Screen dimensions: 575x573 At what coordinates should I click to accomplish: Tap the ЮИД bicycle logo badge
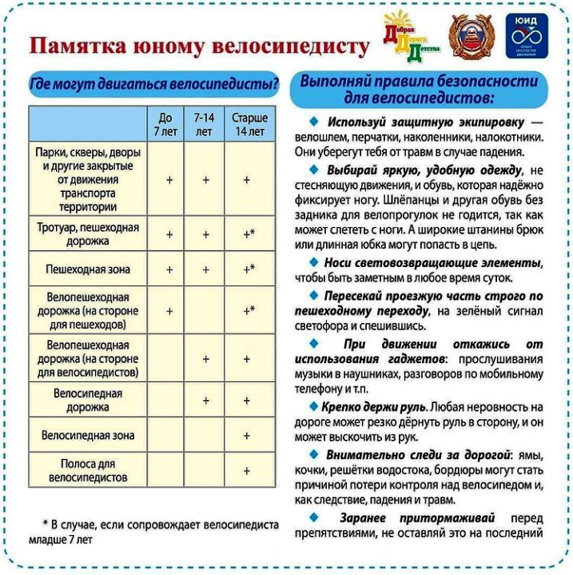(531, 37)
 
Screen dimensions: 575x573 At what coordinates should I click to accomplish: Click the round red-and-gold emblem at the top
(472, 36)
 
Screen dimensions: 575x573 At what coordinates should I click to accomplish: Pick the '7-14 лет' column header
(204, 124)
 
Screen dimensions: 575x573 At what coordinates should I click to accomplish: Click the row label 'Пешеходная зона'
(88, 270)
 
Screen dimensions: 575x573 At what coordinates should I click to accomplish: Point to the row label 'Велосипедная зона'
(88, 436)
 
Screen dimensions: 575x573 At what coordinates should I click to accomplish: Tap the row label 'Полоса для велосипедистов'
(88, 470)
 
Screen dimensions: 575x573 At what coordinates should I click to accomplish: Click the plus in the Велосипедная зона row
(247, 436)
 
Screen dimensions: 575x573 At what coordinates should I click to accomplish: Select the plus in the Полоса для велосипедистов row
(247, 471)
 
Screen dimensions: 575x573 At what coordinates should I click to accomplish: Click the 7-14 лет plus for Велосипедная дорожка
(205, 400)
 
